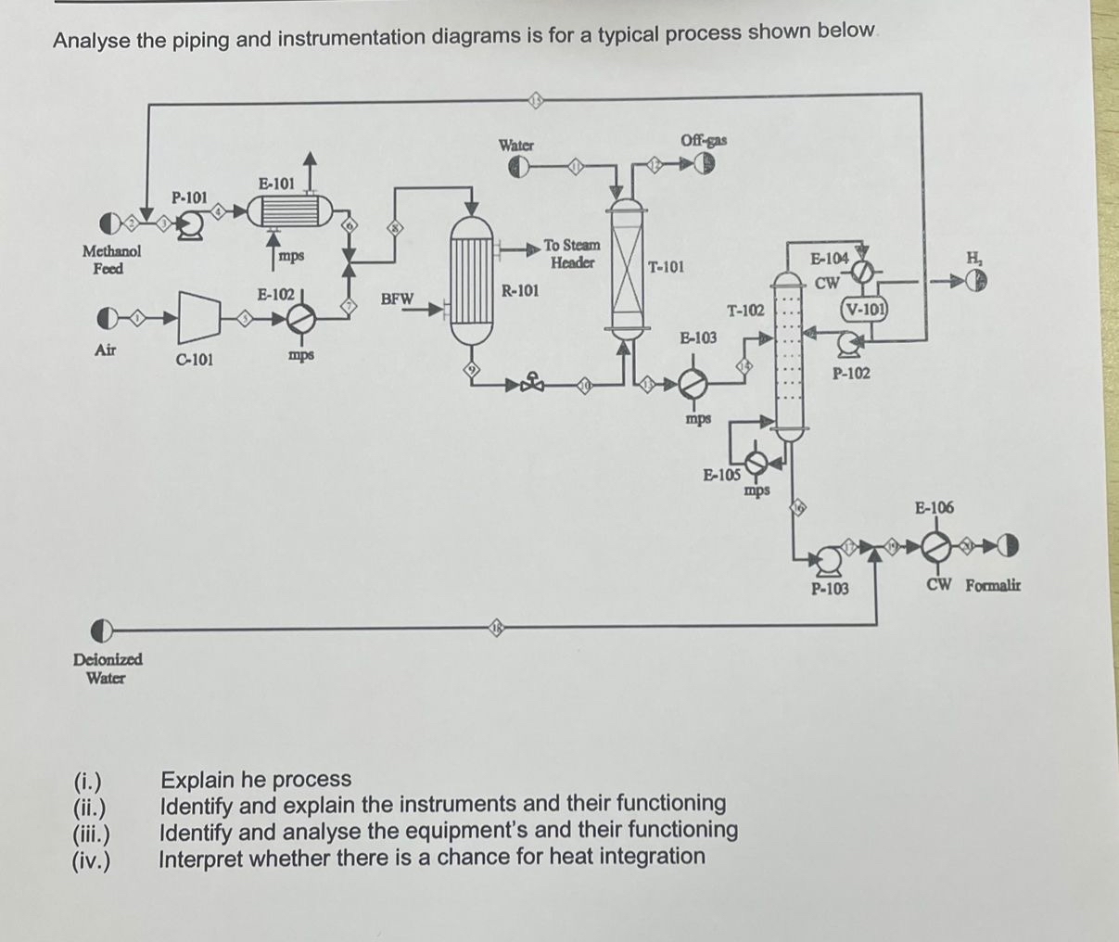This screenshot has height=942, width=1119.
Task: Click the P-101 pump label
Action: coord(189,197)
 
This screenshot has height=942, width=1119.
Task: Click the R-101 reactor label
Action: coord(519,290)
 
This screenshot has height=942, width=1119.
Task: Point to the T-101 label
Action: coord(666,267)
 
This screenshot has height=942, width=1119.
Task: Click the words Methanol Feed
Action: coord(111,260)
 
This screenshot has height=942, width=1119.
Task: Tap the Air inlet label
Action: coord(107,350)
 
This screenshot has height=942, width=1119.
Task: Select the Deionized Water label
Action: coord(108,668)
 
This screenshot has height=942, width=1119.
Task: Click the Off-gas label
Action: coord(704,140)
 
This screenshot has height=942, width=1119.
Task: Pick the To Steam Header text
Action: coord(571,253)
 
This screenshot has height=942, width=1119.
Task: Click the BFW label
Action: coord(397,299)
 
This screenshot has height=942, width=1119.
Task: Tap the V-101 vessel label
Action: coord(864,309)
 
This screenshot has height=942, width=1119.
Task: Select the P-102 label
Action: coord(850,373)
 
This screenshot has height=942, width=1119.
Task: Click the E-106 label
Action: coord(934,507)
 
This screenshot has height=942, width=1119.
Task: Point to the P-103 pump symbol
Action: coord(828,558)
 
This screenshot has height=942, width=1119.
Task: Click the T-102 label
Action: coord(745,312)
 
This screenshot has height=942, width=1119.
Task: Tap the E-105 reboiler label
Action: coord(720,476)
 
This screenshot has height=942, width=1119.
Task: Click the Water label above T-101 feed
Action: coord(516,145)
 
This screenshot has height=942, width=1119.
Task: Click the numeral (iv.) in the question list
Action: coord(91,858)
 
